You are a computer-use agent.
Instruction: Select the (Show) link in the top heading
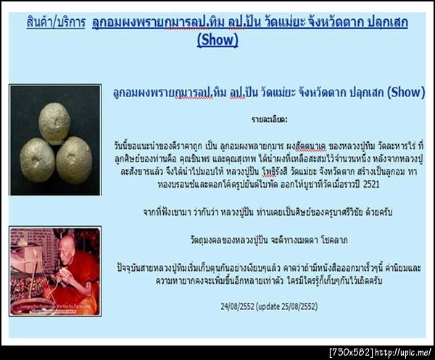[x=217, y=40]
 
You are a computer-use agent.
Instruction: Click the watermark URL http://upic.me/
[x=403, y=353]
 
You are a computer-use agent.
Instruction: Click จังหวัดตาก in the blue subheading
[x=317, y=93]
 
